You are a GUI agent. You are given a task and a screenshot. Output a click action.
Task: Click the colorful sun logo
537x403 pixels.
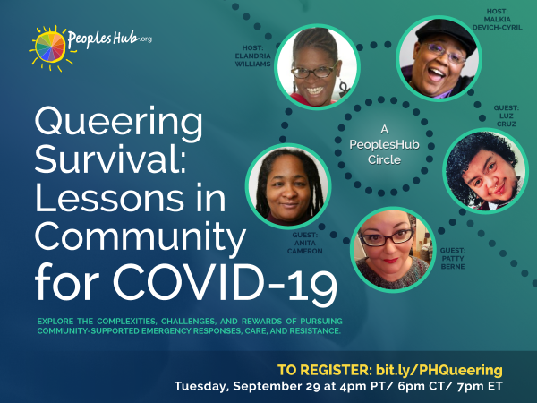tap(50, 48)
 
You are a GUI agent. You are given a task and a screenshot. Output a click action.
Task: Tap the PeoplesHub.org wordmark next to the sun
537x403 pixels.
tap(109, 39)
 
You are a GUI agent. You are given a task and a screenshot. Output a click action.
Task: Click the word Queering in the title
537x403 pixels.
tap(118, 123)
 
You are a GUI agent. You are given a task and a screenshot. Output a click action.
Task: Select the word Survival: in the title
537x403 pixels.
tap(110, 159)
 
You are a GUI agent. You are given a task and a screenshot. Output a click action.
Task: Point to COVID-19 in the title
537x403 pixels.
tap(225, 283)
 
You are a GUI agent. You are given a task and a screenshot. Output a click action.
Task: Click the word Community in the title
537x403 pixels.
tap(141, 237)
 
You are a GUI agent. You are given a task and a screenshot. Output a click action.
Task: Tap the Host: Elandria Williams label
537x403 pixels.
tap(252, 56)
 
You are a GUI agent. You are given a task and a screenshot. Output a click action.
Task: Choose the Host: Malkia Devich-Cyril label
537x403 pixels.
tap(498, 19)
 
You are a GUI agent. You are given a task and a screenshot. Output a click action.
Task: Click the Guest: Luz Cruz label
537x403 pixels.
tap(507, 116)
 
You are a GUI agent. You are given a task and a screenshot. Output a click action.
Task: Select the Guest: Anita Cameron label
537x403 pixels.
tap(305, 243)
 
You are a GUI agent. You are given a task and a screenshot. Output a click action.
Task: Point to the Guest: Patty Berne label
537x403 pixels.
tap(453, 259)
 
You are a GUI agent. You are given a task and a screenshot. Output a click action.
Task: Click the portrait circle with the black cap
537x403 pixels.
tap(439, 58)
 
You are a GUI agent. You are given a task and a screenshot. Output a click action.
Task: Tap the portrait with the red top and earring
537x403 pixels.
tap(317, 67)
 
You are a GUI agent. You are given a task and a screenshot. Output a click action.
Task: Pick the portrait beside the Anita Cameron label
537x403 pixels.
tap(288, 186)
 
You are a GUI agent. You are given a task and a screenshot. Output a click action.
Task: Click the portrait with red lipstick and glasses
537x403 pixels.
tap(393, 250)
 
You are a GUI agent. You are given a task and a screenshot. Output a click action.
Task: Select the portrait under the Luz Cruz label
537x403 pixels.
tap(486, 171)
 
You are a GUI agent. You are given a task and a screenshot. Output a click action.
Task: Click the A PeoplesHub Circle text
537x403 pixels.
tap(384, 144)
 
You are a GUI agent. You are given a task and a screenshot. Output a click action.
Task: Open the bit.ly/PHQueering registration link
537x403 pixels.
tap(439, 370)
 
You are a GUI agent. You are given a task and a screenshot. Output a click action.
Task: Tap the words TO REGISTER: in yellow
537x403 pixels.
tap(325, 370)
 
